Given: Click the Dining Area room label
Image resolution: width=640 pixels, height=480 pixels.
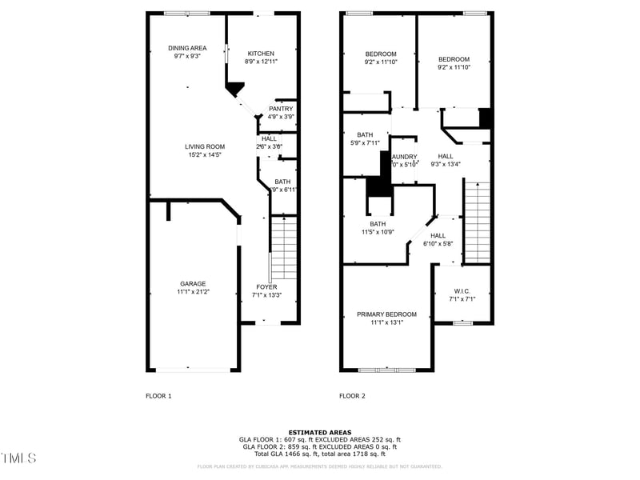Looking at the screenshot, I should click(x=186, y=48).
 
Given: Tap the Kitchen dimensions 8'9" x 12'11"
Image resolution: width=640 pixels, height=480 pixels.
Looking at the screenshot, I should click(x=261, y=61).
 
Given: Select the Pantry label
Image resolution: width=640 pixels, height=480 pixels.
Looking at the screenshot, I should click(x=281, y=109).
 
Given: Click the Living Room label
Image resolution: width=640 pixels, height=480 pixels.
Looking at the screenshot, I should click(x=205, y=146).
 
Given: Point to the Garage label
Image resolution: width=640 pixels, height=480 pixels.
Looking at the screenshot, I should click(x=193, y=283).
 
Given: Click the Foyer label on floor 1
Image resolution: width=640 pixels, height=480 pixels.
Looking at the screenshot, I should click(x=266, y=286).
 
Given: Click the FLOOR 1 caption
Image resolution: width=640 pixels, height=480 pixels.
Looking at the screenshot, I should click(x=158, y=396).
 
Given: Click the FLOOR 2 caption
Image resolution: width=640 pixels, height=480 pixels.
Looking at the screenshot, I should click(x=352, y=396).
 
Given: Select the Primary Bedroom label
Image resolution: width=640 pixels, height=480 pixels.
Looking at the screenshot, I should click(x=386, y=314).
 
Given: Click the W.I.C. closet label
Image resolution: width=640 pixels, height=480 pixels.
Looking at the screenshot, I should click(x=461, y=291).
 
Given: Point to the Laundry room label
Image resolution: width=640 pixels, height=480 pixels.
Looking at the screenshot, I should click(x=403, y=157).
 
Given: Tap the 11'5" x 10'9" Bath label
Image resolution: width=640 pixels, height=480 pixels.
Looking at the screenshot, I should click(x=378, y=224).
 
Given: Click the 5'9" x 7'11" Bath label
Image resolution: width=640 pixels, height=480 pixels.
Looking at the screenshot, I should click(x=365, y=135).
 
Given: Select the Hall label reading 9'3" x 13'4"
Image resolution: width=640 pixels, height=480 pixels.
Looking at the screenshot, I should click(x=446, y=156).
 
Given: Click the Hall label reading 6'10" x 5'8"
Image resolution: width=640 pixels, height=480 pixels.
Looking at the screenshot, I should click(x=438, y=236).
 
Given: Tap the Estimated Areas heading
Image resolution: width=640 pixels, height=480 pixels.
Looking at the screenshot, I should click(x=319, y=433).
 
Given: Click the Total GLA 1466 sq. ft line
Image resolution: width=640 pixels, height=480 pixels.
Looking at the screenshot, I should click(x=319, y=453).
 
